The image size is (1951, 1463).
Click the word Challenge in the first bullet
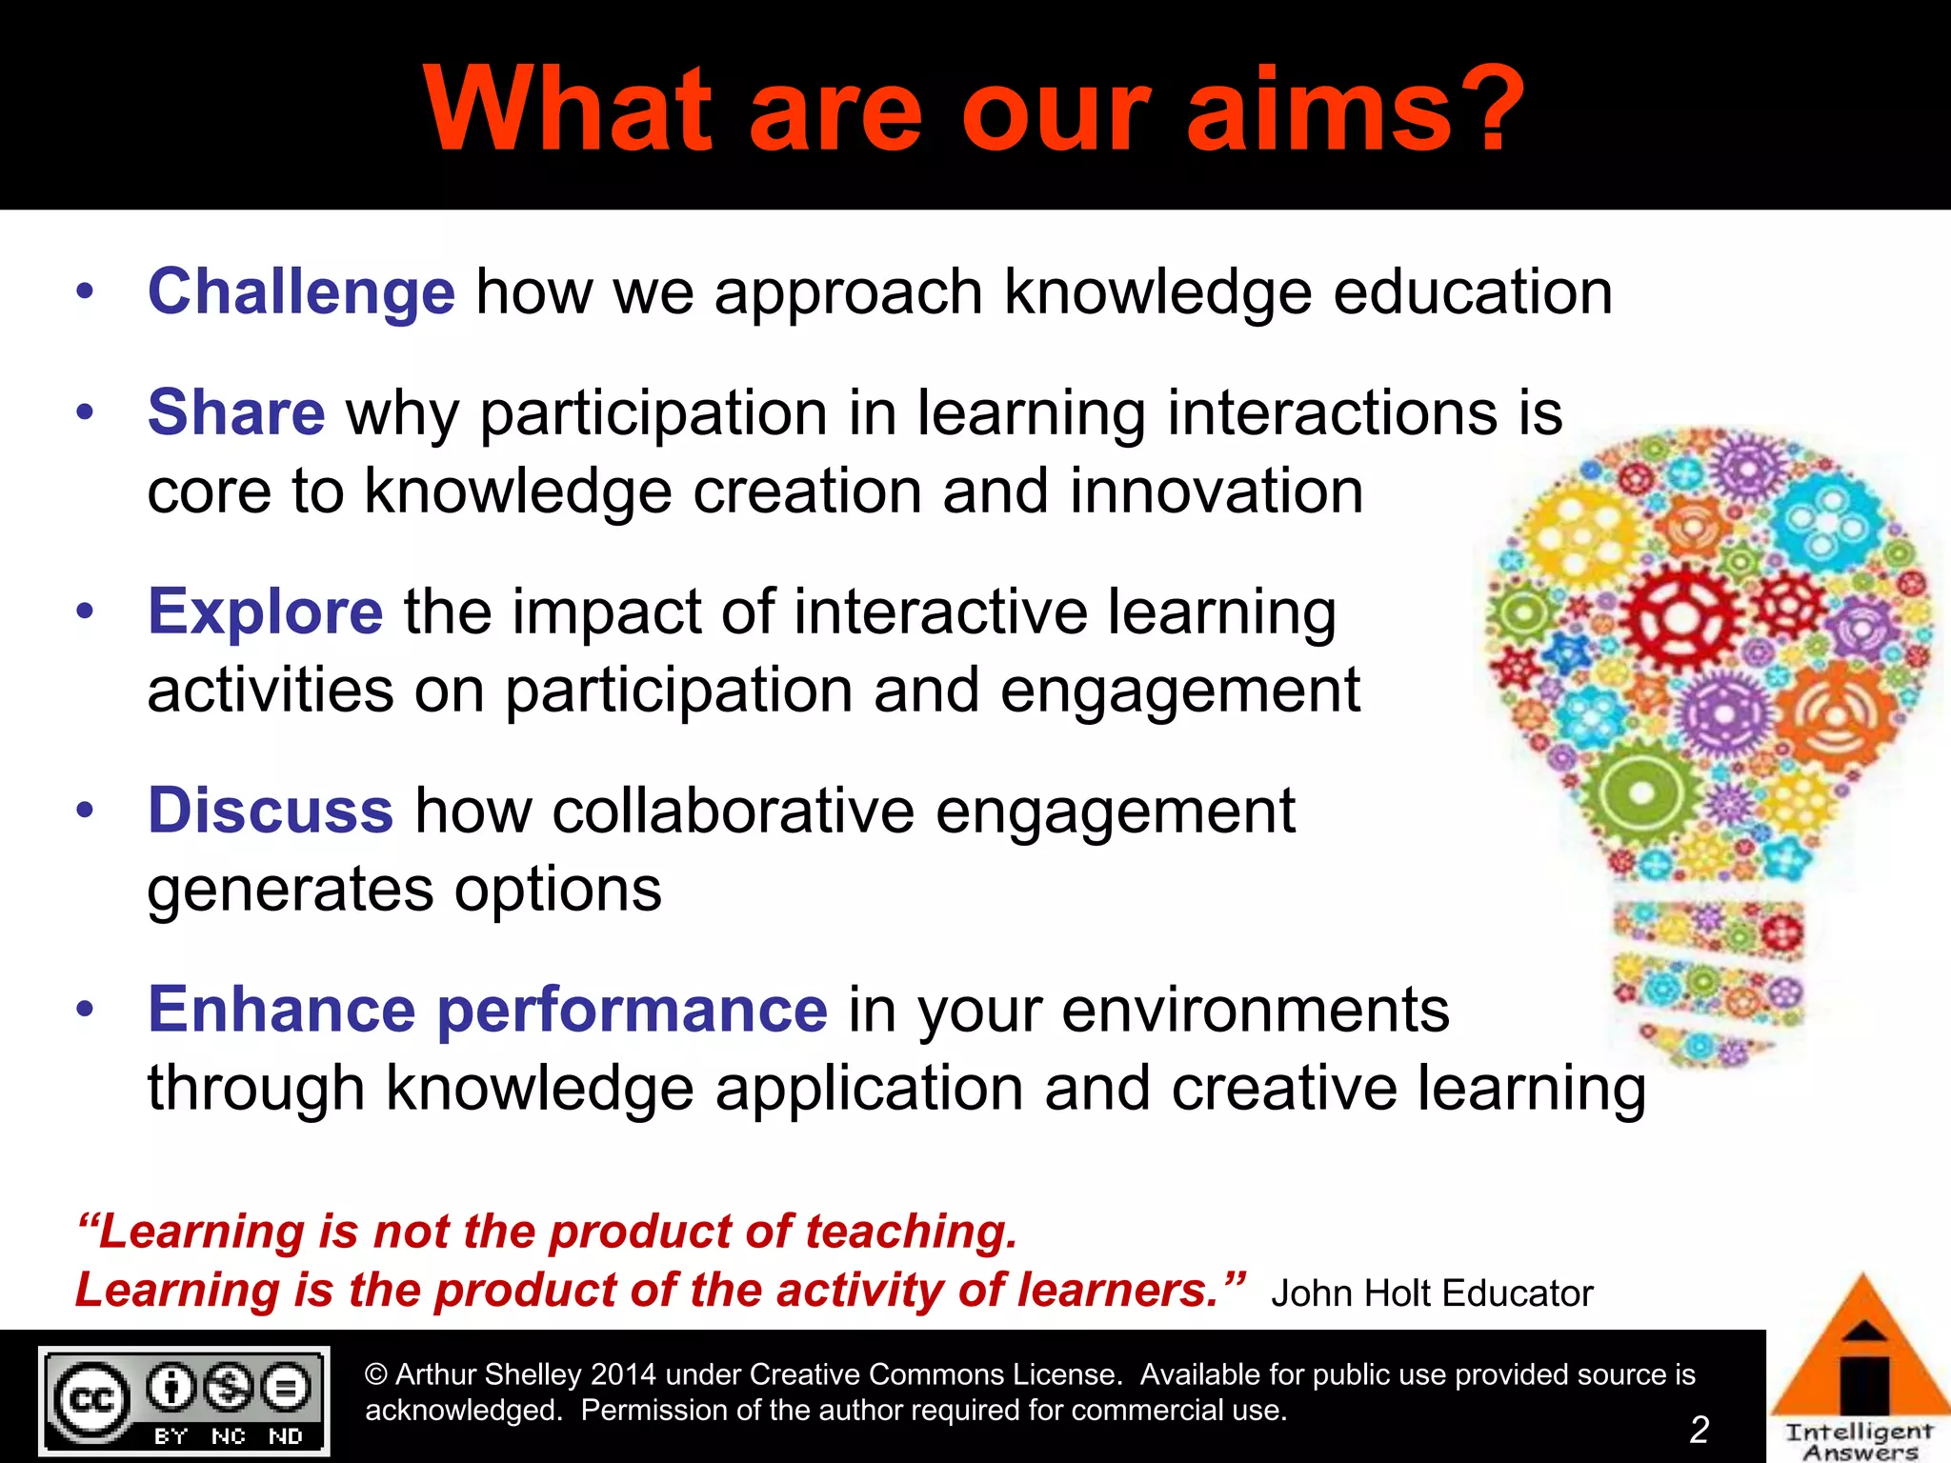(x=301, y=291)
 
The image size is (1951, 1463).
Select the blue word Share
(x=236, y=412)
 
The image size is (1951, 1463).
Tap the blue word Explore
(x=265, y=611)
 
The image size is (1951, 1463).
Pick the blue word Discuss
(x=271, y=811)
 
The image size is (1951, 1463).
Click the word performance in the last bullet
(x=632, y=1010)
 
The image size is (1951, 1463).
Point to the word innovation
(x=1217, y=491)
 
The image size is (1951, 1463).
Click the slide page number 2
(x=1699, y=1429)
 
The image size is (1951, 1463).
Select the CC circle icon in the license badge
(x=91, y=1399)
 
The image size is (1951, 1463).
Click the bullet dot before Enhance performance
(x=86, y=1010)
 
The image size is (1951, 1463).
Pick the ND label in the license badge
(x=286, y=1435)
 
